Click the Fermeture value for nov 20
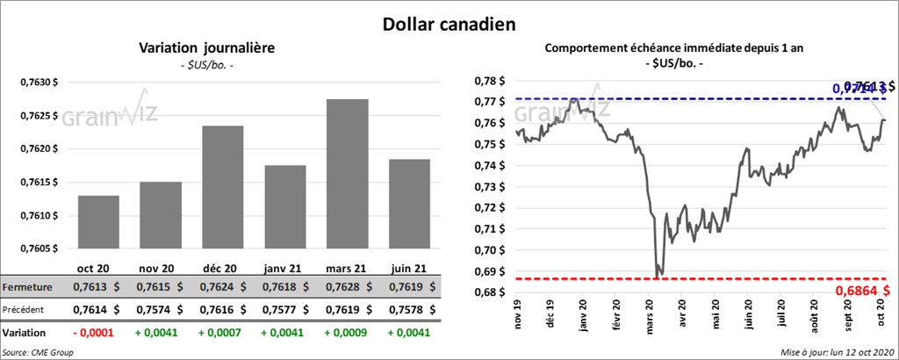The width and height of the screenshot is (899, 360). coord(159,287)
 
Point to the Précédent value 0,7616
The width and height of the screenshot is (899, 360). coord(223,309)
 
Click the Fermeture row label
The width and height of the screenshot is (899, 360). coord(26,287)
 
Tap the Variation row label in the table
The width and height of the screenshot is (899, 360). coord(25,334)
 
